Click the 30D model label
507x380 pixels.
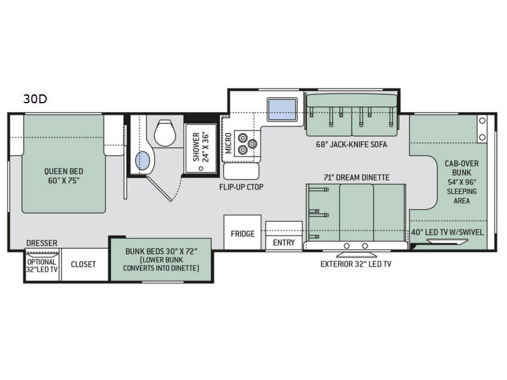coord(35,99)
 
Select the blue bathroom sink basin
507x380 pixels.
coord(143,161)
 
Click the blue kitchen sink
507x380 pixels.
coord(282,109)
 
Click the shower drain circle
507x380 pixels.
coord(201,168)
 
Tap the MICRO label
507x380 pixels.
coord(228,143)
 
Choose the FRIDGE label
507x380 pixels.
coord(243,234)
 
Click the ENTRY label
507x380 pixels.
coord(284,243)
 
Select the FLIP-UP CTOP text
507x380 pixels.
coord(241,187)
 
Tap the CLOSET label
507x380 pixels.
coord(83,264)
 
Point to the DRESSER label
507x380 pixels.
coord(42,243)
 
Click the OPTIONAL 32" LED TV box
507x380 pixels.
coord(42,265)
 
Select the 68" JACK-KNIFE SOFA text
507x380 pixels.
coord(352,144)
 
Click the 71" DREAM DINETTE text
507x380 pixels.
coord(357,177)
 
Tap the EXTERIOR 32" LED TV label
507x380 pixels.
coord(356,264)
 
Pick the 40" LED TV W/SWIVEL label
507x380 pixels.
coord(447,232)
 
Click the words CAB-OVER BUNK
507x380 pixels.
coord(462,168)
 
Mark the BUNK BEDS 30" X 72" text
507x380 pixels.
coord(162,251)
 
